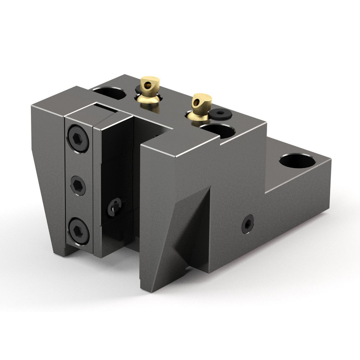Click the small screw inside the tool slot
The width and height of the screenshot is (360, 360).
click(x=115, y=206)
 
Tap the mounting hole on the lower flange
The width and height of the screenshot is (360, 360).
click(x=297, y=161)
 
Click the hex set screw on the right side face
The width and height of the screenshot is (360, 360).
click(x=248, y=224)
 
